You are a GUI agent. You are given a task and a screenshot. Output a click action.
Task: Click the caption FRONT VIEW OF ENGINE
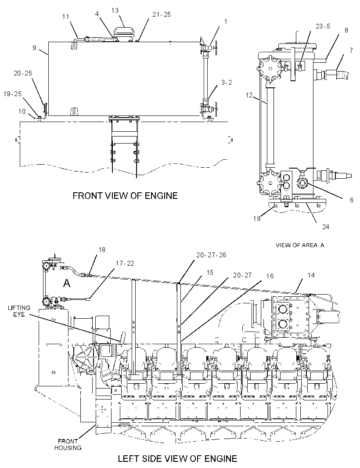[x=125, y=196]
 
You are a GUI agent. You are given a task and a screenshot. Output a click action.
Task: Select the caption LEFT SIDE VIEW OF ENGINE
[x=178, y=458]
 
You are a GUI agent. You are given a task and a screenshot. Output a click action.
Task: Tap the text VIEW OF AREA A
[x=300, y=245]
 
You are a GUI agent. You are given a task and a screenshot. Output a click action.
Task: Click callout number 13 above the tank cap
[x=115, y=11]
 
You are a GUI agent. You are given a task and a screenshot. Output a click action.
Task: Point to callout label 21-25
[x=162, y=14]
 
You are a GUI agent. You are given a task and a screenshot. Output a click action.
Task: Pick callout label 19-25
[x=13, y=94]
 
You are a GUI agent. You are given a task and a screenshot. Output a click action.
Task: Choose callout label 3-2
[x=227, y=83]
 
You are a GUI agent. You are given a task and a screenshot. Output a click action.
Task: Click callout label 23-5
[x=323, y=26]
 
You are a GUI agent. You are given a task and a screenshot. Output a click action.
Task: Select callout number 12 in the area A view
[x=249, y=95]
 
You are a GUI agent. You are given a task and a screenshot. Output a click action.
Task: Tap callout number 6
[x=351, y=200]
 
